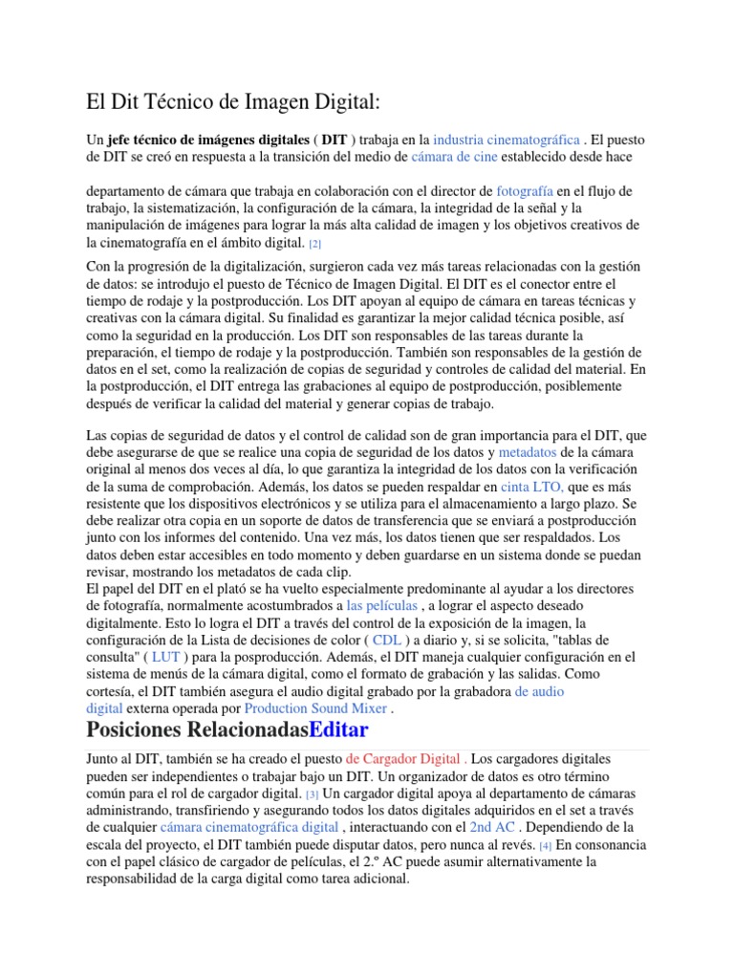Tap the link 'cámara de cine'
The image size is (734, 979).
(x=462, y=157)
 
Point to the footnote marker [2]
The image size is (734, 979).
(x=314, y=245)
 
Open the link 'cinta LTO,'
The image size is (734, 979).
(x=532, y=487)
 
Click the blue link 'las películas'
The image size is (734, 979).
(x=381, y=606)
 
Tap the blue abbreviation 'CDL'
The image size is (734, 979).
(x=386, y=640)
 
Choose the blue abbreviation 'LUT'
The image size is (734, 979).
(x=165, y=658)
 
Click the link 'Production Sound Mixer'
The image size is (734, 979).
(x=315, y=708)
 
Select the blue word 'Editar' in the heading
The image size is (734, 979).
(x=334, y=732)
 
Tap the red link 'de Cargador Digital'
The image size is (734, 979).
(x=393, y=758)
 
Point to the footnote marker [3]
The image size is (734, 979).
(x=312, y=794)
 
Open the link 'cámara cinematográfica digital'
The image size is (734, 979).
(x=249, y=827)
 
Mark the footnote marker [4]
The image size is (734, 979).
(x=546, y=846)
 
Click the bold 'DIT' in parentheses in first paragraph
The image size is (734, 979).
(x=334, y=139)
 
